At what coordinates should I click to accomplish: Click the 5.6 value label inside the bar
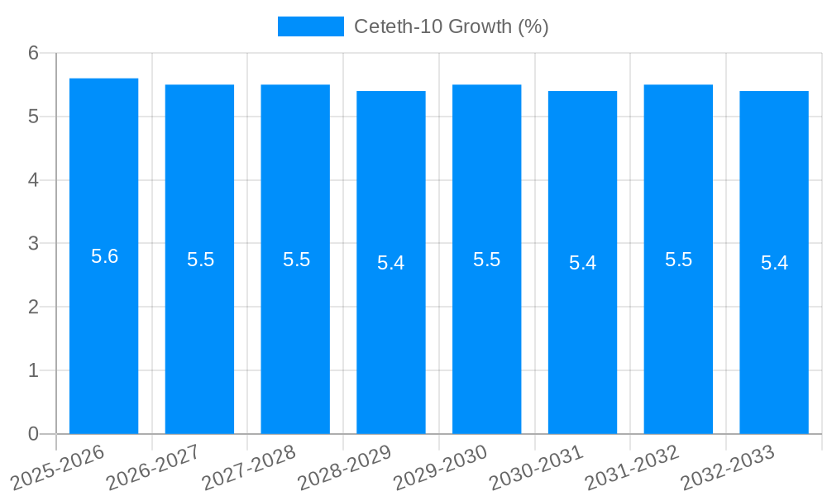[x=104, y=256]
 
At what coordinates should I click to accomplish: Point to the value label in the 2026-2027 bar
[x=200, y=260]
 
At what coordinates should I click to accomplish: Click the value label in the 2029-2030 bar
[x=486, y=260]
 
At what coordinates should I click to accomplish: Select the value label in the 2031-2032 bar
[x=678, y=260]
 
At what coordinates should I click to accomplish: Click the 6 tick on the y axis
[x=34, y=53]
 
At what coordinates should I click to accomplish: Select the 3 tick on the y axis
[x=34, y=244]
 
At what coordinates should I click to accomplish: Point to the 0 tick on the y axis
[x=34, y=434]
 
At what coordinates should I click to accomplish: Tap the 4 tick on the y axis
[x=34, y=180]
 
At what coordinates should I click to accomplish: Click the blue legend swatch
[x=310, y=26]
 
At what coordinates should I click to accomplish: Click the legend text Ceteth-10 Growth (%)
[x=452, y=26]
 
